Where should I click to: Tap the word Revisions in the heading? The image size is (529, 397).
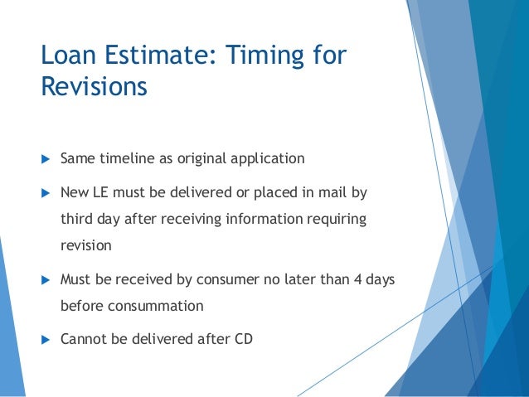[95, 86]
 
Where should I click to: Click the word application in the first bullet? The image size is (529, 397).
[267, 158]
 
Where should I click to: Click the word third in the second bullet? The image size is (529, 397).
[77, 220]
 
